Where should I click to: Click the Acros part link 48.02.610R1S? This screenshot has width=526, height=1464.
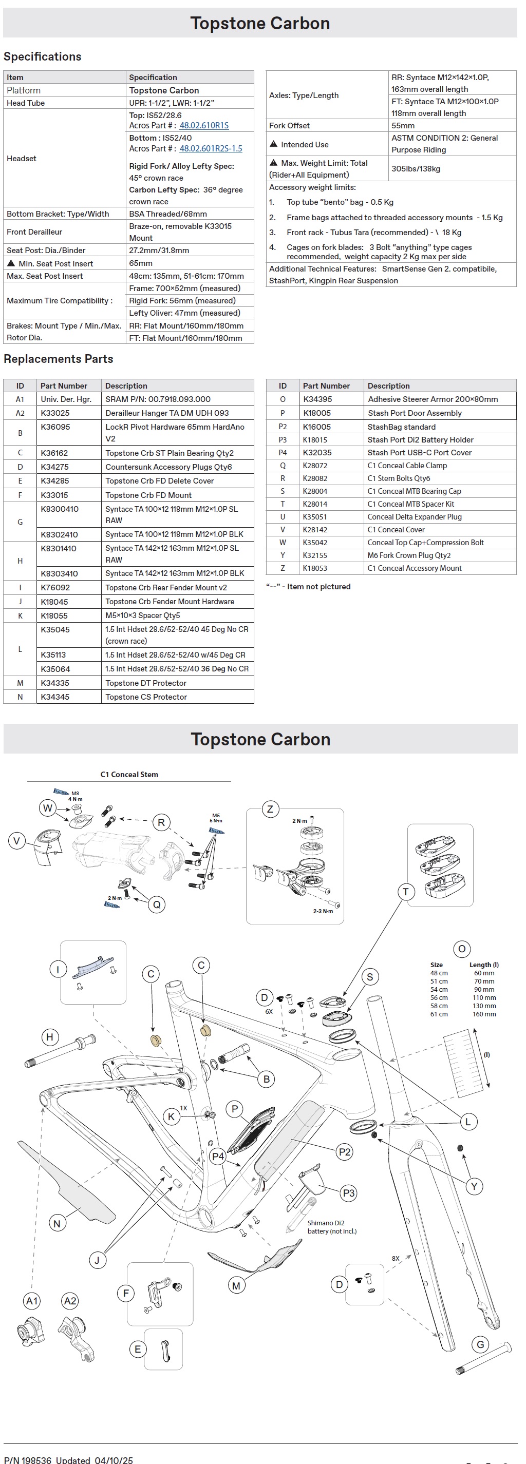pos(203,126)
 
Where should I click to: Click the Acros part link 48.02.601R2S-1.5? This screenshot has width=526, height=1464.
pos(211,149)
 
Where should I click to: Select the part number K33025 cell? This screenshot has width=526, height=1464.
pos(55,413)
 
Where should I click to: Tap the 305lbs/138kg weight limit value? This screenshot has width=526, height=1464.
pos(416,169)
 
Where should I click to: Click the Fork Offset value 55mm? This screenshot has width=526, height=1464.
pos(403,126)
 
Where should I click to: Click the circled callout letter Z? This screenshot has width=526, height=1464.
pos(270,810)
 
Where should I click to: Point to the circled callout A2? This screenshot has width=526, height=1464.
pos(70,1301)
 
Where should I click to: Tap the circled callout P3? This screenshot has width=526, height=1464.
pos(349,1192)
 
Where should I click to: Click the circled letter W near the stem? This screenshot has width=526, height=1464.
pos(48,808)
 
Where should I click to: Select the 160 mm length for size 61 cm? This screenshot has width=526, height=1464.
pos(484,1014)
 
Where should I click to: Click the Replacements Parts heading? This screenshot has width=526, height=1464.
pos(59,359)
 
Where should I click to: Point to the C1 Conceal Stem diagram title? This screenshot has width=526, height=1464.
pos(129,774)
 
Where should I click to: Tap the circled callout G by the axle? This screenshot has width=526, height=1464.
pos(480,1344)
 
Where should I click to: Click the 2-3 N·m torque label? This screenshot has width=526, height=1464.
pos(323,911)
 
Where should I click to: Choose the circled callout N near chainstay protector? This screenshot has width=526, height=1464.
pos(57,1224)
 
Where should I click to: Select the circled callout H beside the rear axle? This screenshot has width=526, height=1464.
pos(50,1037)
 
